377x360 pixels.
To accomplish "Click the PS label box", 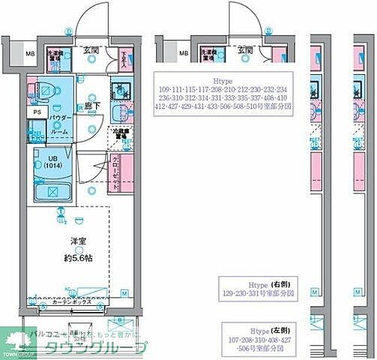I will (x=37, y=112).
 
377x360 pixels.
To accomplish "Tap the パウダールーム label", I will (x=61, y=123).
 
